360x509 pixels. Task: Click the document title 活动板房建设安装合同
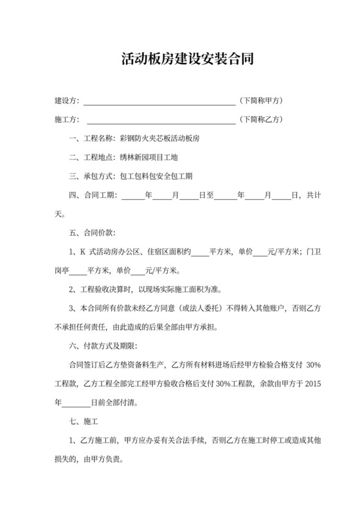[180, 60]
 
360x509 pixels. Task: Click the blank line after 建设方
[159, 102]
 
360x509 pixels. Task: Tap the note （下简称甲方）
[262, 101]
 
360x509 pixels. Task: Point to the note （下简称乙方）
[262, 120]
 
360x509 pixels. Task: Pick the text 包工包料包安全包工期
[156, 175]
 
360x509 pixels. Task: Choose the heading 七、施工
[83, 422]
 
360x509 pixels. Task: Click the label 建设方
[67, 102]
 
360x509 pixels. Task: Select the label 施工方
[67, 120]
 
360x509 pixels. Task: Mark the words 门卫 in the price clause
[312, 251]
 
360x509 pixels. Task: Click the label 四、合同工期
[93, 194]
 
